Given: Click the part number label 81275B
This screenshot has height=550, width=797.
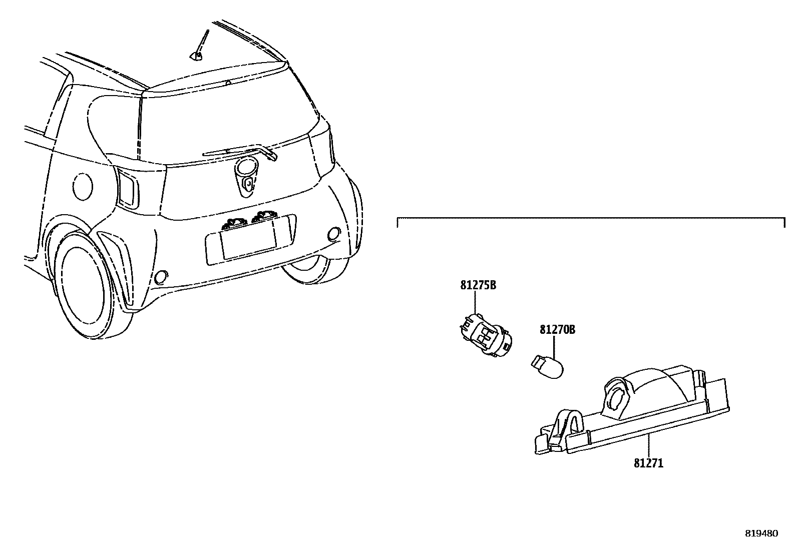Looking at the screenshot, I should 478,286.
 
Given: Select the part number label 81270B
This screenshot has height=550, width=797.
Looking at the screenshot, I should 557,330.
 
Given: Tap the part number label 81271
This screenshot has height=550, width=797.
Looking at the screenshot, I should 648,463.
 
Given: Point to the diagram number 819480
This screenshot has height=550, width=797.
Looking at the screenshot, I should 761,533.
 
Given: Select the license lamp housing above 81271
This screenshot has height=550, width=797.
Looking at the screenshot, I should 636,410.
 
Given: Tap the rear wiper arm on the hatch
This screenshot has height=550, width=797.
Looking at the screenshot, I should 240,151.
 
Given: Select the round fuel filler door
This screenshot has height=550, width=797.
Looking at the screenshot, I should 83,186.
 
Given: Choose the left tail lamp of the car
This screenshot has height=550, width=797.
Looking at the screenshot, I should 128,188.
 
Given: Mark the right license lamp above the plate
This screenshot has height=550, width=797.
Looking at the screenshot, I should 264,216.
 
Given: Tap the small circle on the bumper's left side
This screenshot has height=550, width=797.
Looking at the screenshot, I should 162,276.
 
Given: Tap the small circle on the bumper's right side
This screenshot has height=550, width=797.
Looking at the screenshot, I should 332,233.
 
